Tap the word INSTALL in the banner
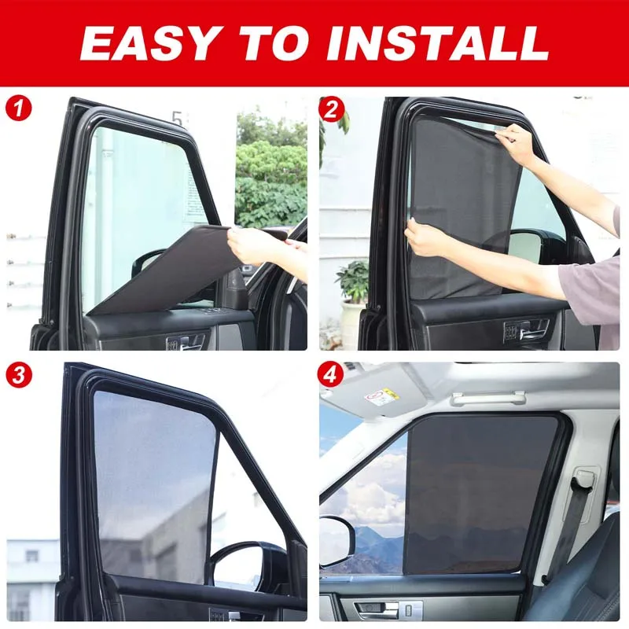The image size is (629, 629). pos(438,43)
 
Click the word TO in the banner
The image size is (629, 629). pos(275,43)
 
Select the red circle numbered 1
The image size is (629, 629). pos(18,108)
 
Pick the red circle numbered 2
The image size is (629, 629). pos(331,109)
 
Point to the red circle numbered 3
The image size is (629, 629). pos(18,375)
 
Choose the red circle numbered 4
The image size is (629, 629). pos(330,375)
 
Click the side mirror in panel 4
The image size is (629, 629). pos(337,542)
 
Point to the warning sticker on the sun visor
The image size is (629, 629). pos(382,396)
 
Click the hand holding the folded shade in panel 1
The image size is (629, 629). pos(249,245)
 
